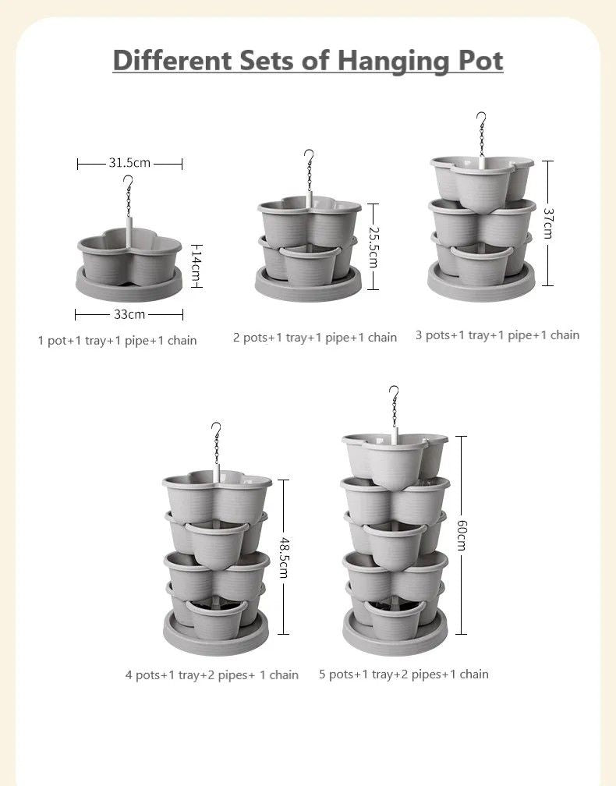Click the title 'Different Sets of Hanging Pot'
click(308, 60)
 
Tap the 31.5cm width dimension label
click(129, 163)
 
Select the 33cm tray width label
click(129, 314)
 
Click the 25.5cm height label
click(373, 246)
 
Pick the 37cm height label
click(548, 224)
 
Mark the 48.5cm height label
click(283, 558)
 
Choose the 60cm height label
click(462, 535)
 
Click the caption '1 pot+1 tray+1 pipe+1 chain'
click(117, 341)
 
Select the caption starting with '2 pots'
click(315, 338)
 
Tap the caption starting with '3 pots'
click(497, 335)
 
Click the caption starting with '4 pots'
click(212, 675)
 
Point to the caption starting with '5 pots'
click(404, 674)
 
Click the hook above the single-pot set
click(128, 182)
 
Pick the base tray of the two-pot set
click(309, 286)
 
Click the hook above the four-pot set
click(216, 428)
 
